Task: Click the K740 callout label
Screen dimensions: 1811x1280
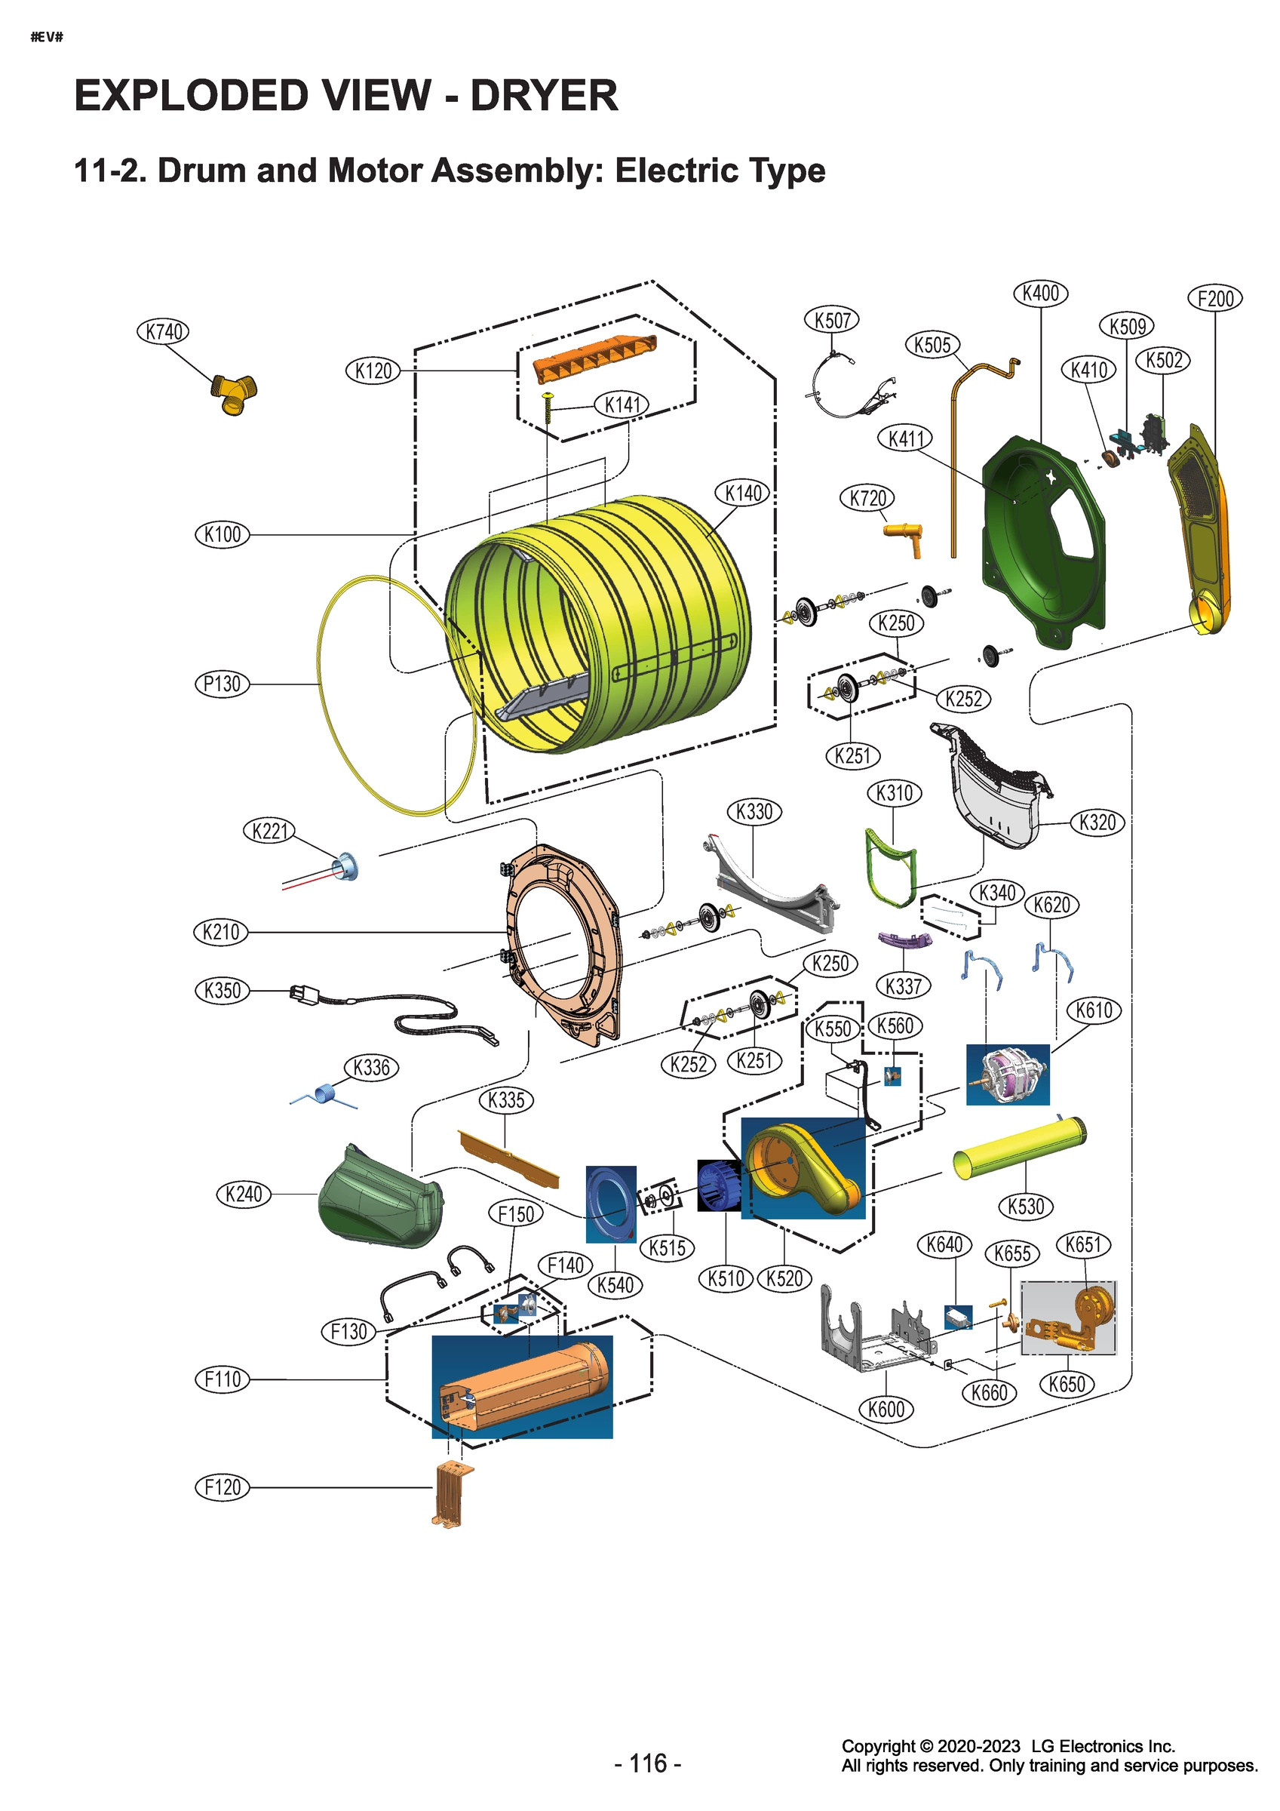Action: (x=164, y=331)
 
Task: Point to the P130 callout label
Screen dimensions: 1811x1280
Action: (x=223, y=683)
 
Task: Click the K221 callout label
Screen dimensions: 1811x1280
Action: (x=269, y=831)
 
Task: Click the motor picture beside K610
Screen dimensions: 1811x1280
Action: (x=1007, y=1075)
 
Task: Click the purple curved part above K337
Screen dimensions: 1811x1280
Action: (x=904, y=940)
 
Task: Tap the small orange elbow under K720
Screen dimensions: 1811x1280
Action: (x=904, y=537)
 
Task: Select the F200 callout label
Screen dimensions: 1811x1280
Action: (x=1214, y=299)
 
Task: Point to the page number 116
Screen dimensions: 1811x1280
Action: (x=648, y=1762)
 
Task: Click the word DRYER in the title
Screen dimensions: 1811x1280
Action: (x=543, y=97)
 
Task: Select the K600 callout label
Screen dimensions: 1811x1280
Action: (x=886, y=1409)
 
